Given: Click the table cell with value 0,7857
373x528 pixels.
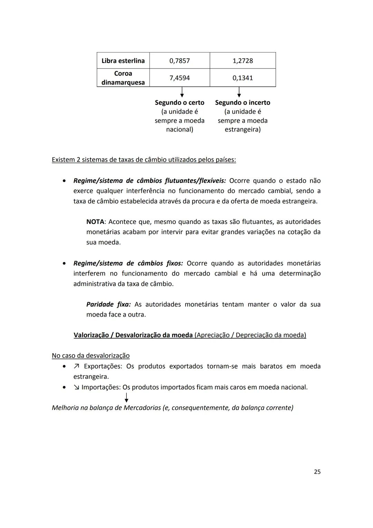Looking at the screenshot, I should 180,61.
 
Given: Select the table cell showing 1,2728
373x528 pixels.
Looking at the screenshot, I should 242,61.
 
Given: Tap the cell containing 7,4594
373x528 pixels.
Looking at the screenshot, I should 180,78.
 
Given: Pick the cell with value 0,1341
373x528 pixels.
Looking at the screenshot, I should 242,78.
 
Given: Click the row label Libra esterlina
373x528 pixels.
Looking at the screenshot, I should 123,61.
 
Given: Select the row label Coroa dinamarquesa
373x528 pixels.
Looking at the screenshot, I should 123,78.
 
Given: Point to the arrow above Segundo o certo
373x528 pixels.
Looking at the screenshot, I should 182,92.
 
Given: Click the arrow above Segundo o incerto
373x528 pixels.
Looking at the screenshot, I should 239,92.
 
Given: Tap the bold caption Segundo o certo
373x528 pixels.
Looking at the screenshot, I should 180,103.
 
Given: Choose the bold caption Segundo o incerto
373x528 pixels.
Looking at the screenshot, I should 242,103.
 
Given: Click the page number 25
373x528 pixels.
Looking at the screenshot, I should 317,472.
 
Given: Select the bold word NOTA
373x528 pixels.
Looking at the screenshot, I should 95,222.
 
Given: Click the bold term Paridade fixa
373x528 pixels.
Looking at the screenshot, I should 108,304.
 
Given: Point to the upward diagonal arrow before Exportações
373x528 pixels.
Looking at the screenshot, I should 77,366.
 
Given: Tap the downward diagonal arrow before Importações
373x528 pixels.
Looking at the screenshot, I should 76,387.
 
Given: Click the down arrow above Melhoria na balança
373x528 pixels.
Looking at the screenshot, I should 127,397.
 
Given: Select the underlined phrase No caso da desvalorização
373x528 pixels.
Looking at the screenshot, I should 90,355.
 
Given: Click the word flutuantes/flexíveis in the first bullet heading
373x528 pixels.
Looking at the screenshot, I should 195,181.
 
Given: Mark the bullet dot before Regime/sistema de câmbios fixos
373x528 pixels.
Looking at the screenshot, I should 64,263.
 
